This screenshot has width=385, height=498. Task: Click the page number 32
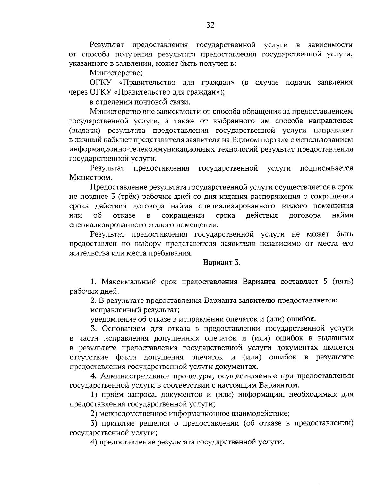pyautogui.click(x=210, y=26)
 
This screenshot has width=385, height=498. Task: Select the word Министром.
pyautogui.click(x=91, y=177)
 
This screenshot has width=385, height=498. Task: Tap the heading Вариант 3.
pyautogui.click(x=222, y=263)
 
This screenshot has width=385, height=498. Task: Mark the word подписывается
pyautogui.click(x=327, y=168)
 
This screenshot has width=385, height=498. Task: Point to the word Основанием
pyautogui.click(x=122, y=328)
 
